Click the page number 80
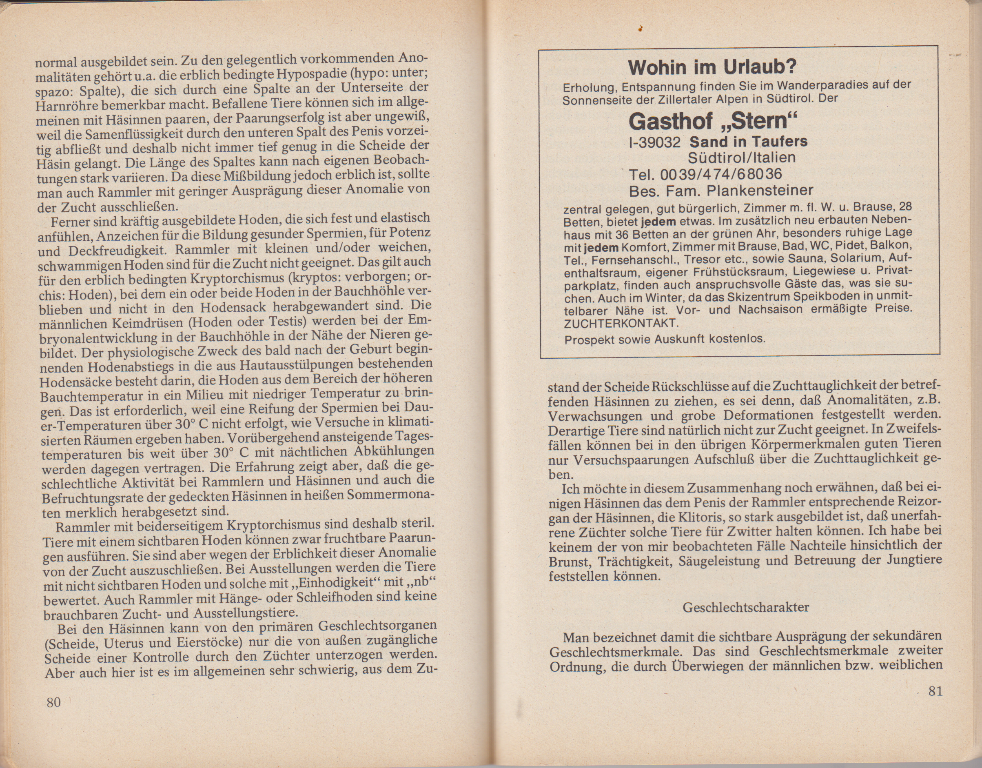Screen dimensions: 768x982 (53, 702)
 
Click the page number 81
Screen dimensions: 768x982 (935, 691)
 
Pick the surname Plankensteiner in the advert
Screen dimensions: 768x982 (760, 191)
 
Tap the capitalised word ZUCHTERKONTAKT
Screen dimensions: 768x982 (620, 323)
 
